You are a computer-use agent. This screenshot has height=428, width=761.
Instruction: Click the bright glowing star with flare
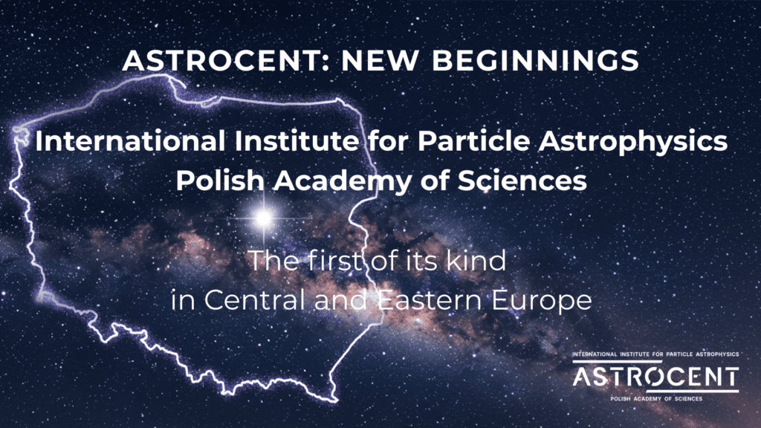tap(262, 218)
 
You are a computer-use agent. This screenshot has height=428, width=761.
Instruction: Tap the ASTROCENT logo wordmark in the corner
tap(655, 376)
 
